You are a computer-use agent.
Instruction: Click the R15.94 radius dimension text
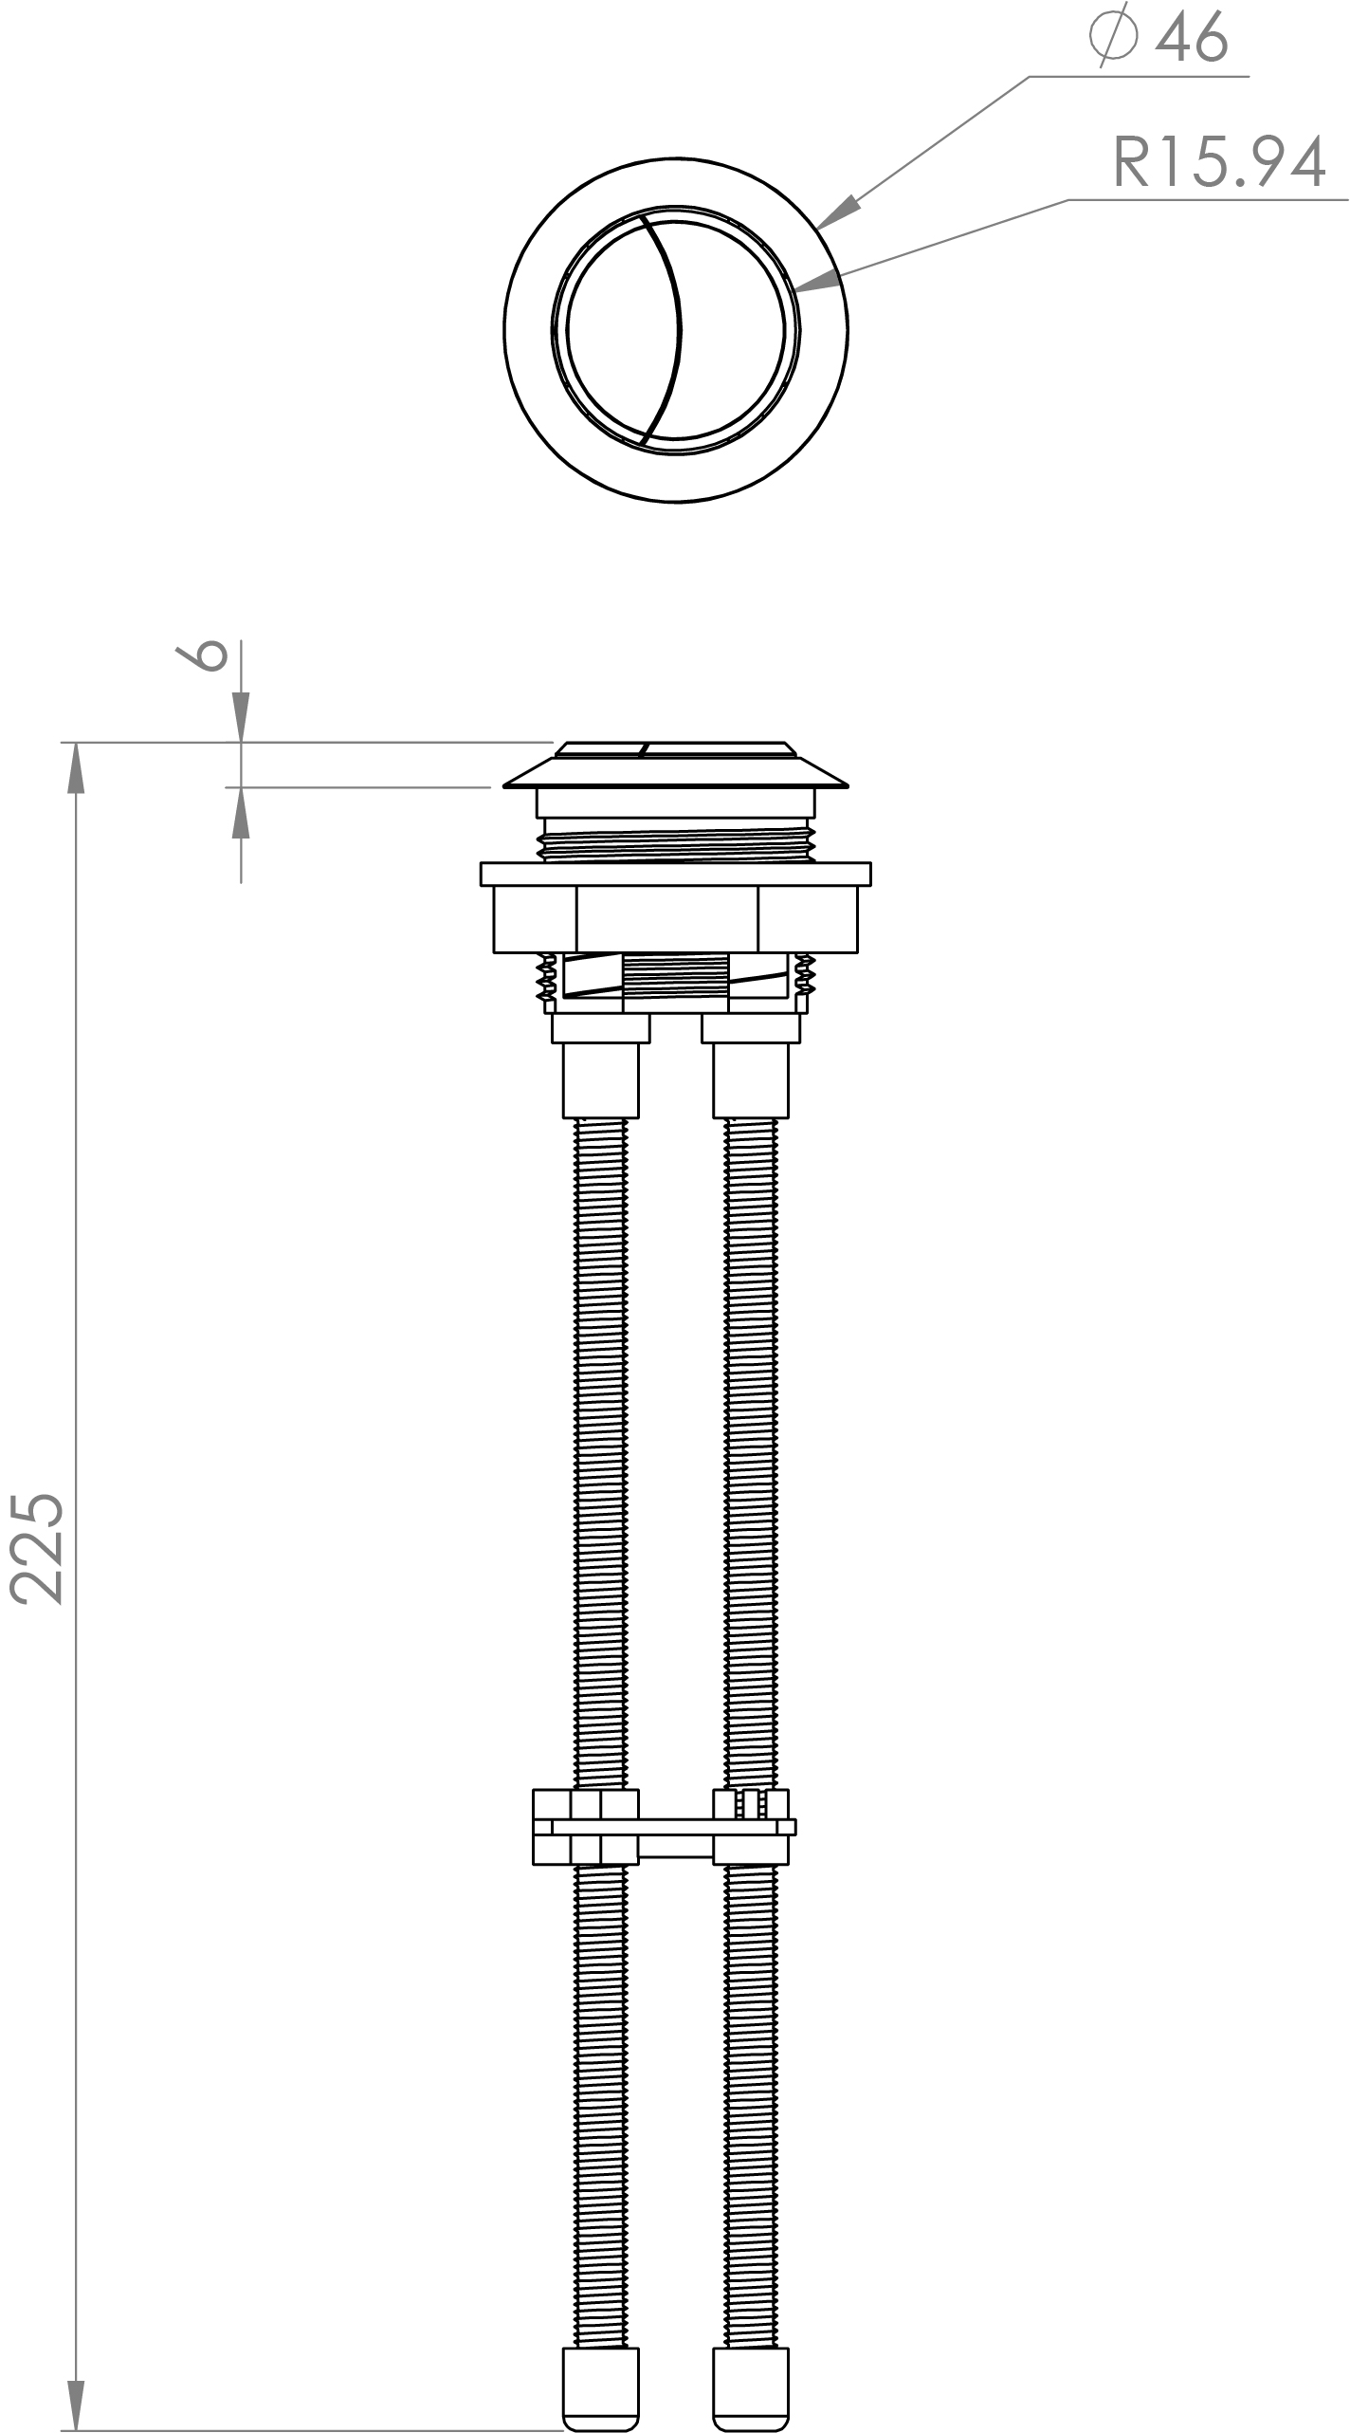coord(1218,163)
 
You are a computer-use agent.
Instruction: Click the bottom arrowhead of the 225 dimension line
coord(75,2405)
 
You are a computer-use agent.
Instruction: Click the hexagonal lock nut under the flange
coord(675,919)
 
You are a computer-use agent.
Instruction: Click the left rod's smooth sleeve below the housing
coord(601,1079)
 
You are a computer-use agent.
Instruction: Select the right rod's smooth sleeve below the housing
coord(751,1079)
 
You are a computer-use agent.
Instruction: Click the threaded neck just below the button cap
coord(675,844)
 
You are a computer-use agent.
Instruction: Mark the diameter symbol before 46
coord(1113,36)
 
